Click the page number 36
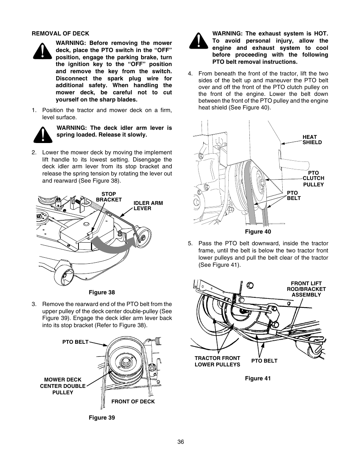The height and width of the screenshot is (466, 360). (x=180, y=442)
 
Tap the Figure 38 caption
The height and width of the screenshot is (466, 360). (x=102, y=292)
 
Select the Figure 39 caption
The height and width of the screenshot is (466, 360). (x=102, y=418)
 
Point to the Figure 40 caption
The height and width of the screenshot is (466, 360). (x=258, y=232)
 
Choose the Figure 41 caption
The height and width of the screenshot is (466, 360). (x=258, y=378)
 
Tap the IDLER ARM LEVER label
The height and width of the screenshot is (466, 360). (x=148, y=206)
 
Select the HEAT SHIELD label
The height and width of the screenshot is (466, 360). (x=312, y=140)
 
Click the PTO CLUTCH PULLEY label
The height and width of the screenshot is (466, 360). (x=313, y=178)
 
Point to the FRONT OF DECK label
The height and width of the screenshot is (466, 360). (x=133, y=401)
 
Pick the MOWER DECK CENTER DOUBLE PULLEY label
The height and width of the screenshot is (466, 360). (x=63, y=386)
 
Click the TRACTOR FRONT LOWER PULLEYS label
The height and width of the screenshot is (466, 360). (x=217, y=361)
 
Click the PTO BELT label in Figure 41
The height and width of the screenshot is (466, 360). (x=264, y=361)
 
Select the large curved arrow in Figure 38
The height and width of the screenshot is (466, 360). (x=113, y=244)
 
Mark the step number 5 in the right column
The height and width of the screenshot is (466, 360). (x=190, y=243)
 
